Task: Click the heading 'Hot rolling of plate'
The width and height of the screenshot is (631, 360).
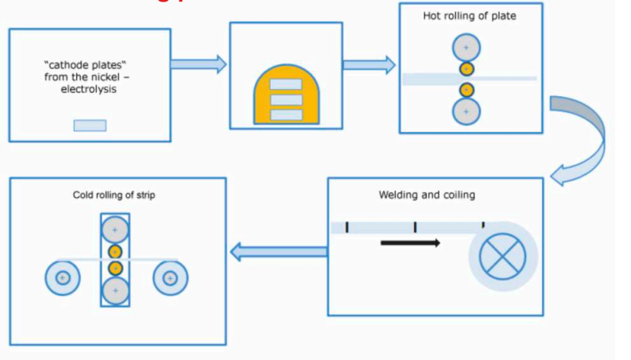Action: [470, 16]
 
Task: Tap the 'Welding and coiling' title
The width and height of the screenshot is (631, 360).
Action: [426, 195]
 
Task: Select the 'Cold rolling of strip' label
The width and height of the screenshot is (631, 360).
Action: [114, 195]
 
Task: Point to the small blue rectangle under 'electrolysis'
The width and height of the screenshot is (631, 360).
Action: [90, 126]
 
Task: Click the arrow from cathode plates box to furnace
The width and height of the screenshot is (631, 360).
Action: [199, 64]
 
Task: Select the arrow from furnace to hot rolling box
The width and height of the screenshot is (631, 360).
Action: [370, 64]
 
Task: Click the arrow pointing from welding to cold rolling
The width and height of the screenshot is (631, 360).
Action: [278, 252]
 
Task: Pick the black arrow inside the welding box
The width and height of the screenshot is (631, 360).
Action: [410, 242]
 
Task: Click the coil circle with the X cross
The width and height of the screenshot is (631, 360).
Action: [503, 257]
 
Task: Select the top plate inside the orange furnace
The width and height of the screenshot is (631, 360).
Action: [286, 84]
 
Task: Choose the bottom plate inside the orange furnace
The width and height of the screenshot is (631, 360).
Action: [286, 115]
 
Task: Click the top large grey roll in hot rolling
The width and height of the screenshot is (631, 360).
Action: [466, 48]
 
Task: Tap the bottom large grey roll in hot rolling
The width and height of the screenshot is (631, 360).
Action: [466, 111]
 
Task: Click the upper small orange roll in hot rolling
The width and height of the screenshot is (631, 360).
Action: [466, 69]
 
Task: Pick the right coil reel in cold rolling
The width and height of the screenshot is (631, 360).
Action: [170, 278]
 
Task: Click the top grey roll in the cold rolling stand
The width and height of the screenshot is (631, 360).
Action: [115, 230]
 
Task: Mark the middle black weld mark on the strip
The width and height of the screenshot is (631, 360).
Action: [415, 228]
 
